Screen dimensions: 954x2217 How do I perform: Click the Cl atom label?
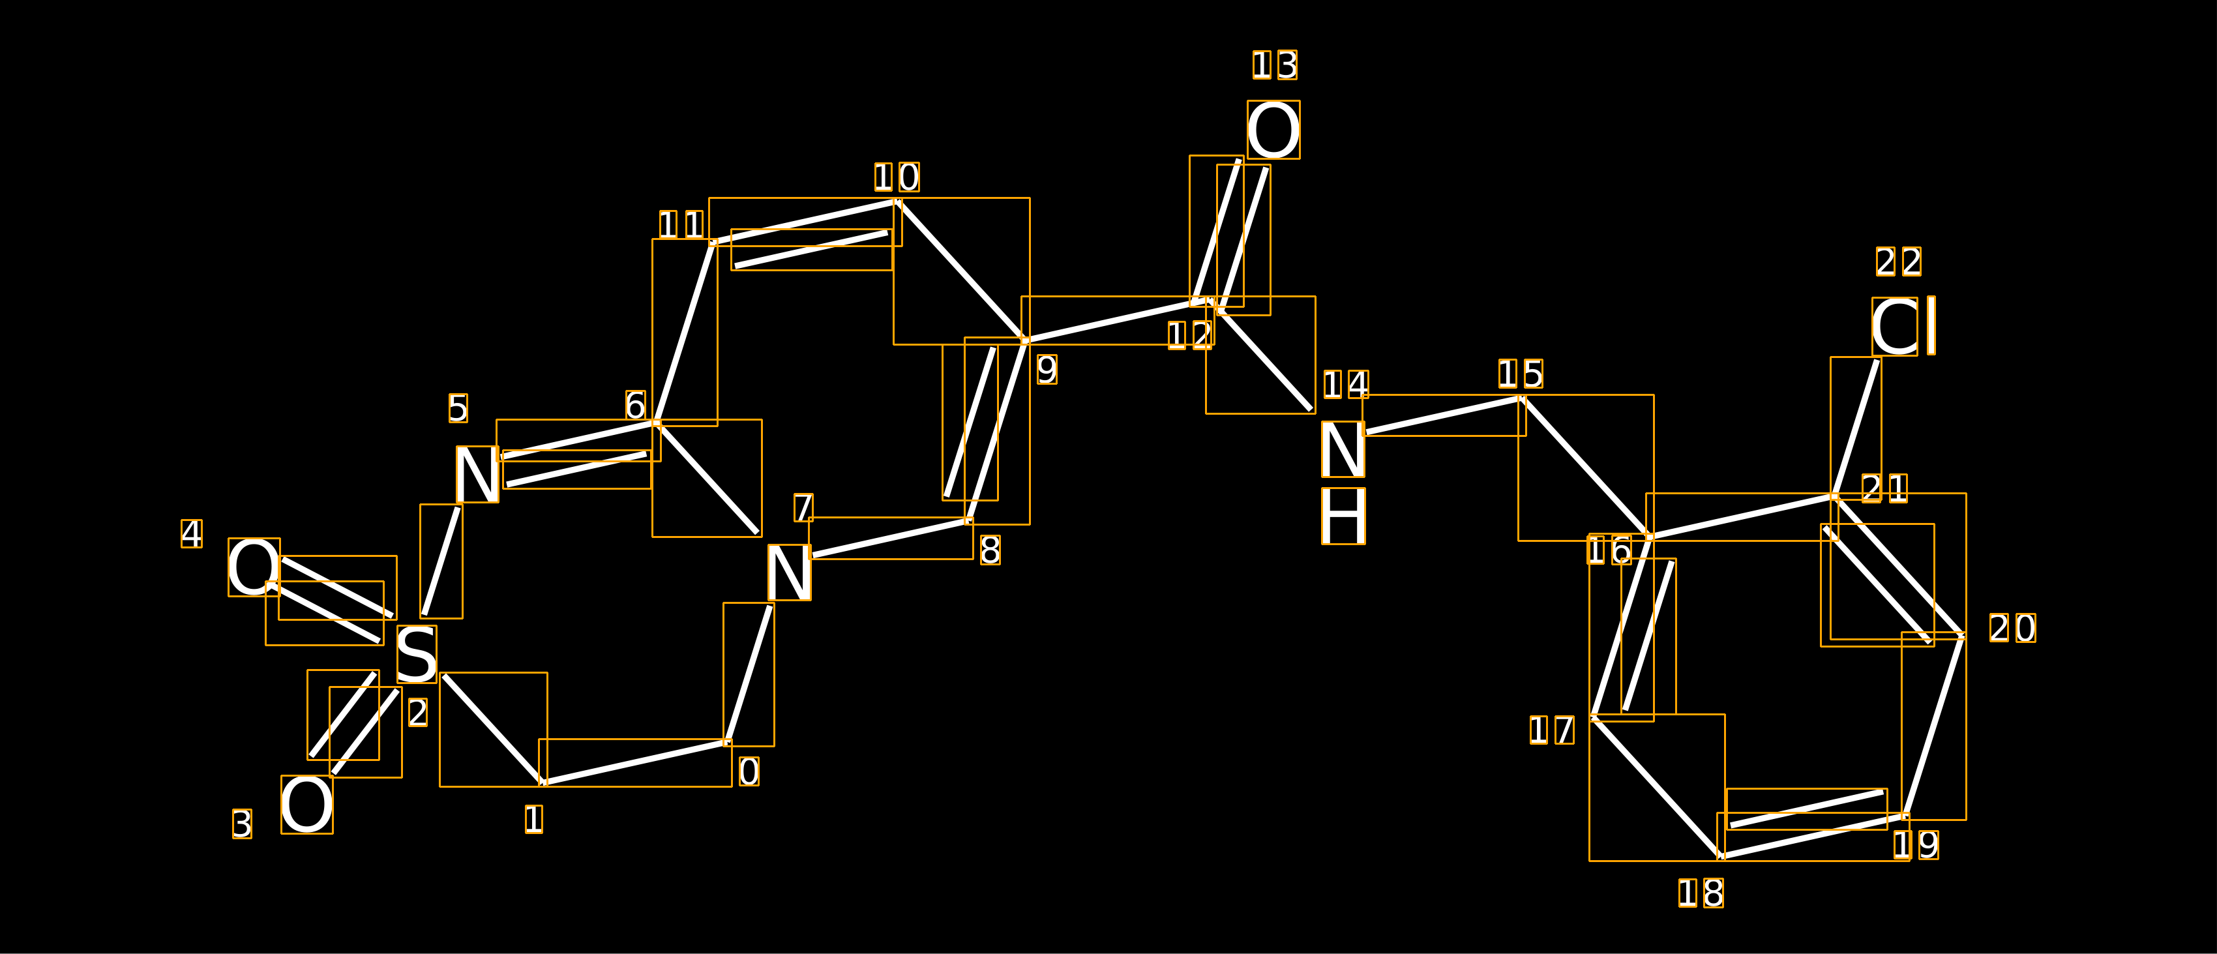(1904, 327)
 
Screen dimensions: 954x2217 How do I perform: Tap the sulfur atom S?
(417, 655)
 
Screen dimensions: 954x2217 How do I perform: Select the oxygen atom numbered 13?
(1273, 130)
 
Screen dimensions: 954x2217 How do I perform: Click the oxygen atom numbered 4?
(254, 567)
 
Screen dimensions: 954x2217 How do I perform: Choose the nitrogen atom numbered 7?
(788, 572)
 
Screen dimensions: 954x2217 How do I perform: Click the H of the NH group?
(1343, 516)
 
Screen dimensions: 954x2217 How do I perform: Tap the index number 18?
(1701, 893)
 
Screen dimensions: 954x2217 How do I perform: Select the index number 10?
(897, 177)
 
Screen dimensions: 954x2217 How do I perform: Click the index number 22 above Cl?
(1899, 261)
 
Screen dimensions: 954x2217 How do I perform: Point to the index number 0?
(749, 771)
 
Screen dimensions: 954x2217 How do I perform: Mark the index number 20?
(2012, 628)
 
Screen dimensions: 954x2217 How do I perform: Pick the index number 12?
(1190, 335)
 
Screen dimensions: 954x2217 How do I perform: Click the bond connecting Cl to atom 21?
(1856, 427)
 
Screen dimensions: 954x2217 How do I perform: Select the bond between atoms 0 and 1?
(635, 762)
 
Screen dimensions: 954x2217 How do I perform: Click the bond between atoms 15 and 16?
(1585, 468)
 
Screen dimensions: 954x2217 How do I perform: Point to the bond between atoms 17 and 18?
(1657, 788)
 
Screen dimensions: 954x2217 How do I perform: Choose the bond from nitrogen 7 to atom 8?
(891, 538)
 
